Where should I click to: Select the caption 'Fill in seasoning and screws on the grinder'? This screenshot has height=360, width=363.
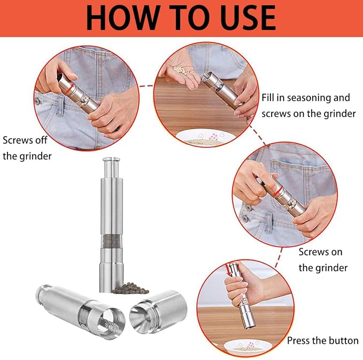click(308, 105)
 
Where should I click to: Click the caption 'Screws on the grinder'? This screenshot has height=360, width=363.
click(320, 260)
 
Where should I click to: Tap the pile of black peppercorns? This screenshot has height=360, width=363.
click(128, 286)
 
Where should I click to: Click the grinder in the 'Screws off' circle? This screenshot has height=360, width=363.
click(80, 91)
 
